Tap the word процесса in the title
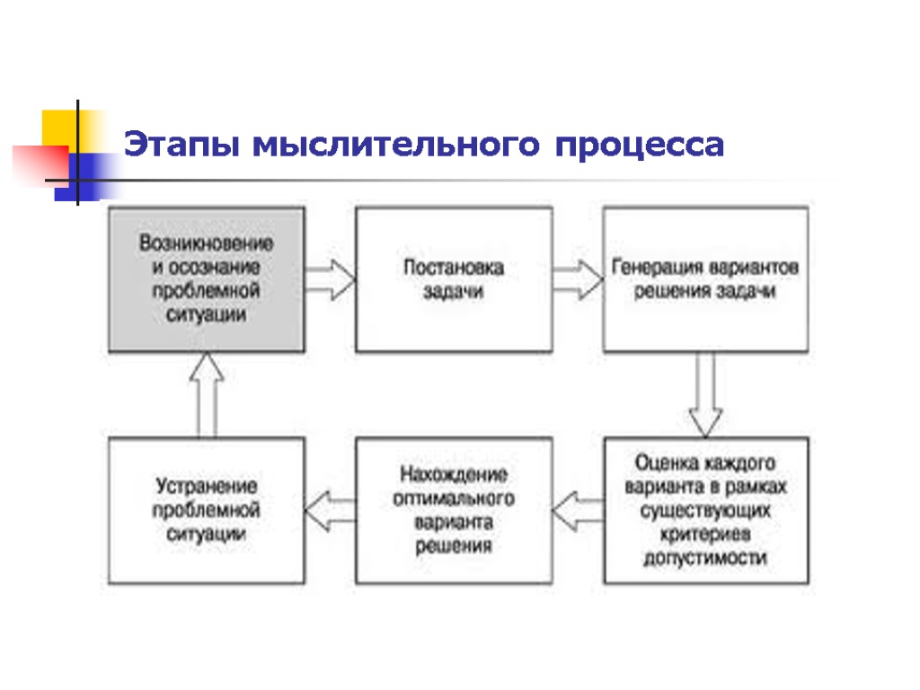point(639,145)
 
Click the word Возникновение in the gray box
point(206,243)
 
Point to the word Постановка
point(454,268)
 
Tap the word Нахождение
point(454,474)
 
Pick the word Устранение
point(206,486)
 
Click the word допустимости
point(705,558)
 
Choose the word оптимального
point(454,498)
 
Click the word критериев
point(705,535)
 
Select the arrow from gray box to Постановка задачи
point(330,279)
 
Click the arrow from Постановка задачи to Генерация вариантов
point(577,279)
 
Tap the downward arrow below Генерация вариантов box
point(705,394)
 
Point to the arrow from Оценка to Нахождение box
point(577,511)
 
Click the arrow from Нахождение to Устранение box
point(330,511)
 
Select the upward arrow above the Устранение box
point(206,394)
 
